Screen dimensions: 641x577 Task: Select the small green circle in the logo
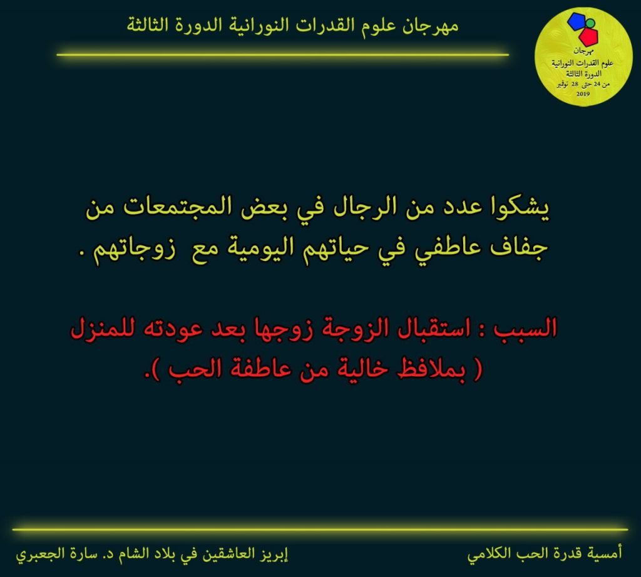590,23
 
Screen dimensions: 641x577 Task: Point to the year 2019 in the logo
583,94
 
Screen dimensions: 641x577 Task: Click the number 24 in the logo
597,84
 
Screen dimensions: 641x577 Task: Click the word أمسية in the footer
605,553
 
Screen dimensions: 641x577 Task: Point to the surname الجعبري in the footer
35,554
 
